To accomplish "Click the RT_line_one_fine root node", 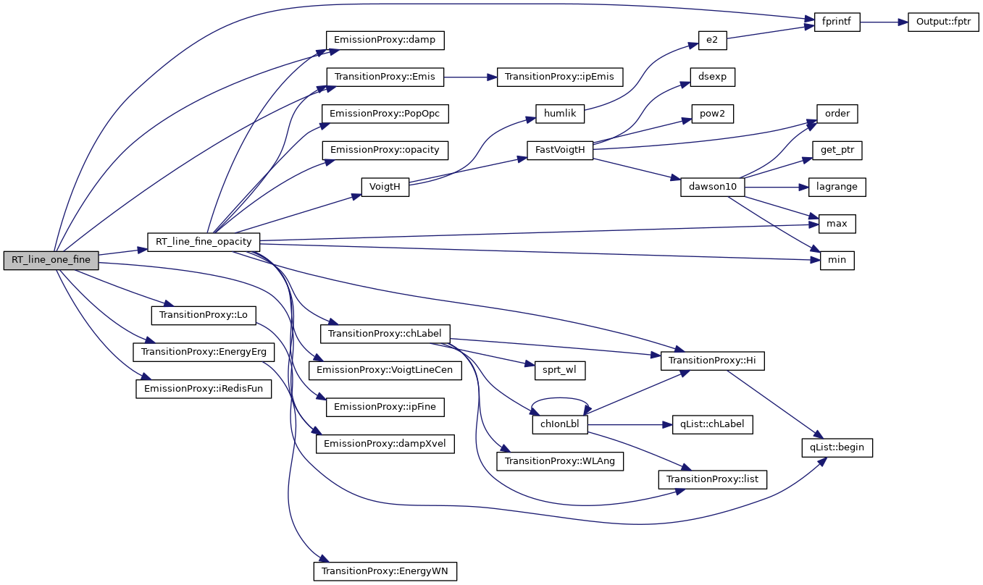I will pyautogui.click(x=51, y=260).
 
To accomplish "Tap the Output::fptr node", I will pyautogui.click(x=939, y=22).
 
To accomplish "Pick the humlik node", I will pyautogui.click(x=559, y=114).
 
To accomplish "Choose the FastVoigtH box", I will pyautogui.click(x=561, y=150).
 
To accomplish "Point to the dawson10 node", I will pyautogui.click(x=713, y=187).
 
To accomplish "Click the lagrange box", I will pyautogui.click(x=837, y=187).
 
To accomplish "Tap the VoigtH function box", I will pyautogui.click(x=385, y=187).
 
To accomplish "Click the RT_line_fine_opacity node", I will pyautogui.click(x=204, y=241).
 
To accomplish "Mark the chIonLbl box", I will pyautogui.click(x=560, y=425).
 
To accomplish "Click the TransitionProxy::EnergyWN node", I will pyautogui.click(x=385, y=571).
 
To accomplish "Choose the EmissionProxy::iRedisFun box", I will pyautogui.click(x=204, y=388).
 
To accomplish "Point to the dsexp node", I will pyautogui.click(x=713, y=77).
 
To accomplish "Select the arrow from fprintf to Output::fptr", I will pyautogui.click(x=879, y=22).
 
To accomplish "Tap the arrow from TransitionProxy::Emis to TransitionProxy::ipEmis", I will pyautogui.click(x=470, y=77).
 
